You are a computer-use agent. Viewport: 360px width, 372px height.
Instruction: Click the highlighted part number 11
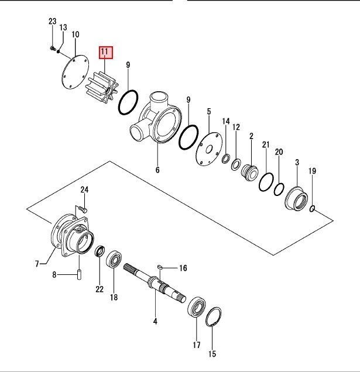tap(106, 53)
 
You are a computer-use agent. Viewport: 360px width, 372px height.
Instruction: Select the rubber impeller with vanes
tap(102, 88)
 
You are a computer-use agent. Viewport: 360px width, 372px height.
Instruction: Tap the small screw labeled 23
tap(53, 49)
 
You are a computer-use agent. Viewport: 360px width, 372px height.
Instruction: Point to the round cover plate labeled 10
tap(74, 72)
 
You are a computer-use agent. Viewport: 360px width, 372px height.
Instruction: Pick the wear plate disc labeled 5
tap(209, 149)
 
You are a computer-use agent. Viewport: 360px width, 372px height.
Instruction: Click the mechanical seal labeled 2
tap(250, 171)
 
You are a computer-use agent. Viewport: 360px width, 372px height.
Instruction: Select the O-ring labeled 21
tap(266, 182)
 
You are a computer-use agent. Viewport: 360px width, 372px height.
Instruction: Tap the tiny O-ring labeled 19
tap(313, 209)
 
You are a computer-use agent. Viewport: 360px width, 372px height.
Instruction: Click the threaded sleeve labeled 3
tap(296, 199)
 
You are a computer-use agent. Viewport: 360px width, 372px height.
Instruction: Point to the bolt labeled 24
tap(83, 210)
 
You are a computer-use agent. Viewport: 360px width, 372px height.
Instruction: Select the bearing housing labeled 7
tap(73, 236)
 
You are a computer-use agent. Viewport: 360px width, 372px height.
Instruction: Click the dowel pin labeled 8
tap(79, 274)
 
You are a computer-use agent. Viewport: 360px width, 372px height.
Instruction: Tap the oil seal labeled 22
tap(100, 251)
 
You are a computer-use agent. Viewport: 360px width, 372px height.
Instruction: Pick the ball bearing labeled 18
tap(114, 259)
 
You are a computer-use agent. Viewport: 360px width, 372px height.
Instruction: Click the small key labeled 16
tap(160, 267)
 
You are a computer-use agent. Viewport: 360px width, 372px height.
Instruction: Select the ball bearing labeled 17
tap(197, 306)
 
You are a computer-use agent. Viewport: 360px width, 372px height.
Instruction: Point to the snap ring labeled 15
tap(214, 316)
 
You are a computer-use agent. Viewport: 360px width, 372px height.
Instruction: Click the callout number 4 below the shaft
tap(155, 322)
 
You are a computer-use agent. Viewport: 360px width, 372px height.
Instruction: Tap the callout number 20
tap(279, 152)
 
